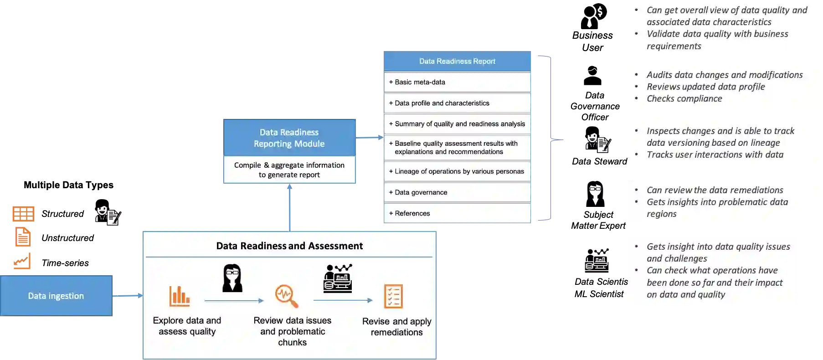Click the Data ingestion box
56,296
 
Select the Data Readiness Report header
457,61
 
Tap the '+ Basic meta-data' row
457,82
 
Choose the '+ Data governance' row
457,192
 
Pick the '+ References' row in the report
457,213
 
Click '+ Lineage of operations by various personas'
457,171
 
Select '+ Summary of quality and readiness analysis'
457,124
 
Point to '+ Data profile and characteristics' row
457,103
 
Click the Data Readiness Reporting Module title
289,138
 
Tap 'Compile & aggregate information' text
289,165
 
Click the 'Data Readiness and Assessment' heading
289,246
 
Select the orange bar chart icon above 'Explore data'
180,296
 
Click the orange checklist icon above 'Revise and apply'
393,297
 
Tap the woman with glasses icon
232,278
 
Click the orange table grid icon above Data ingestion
24,213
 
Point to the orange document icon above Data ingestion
23,237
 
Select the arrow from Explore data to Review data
234,301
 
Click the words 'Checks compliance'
684,98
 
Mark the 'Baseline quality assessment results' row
457,148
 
